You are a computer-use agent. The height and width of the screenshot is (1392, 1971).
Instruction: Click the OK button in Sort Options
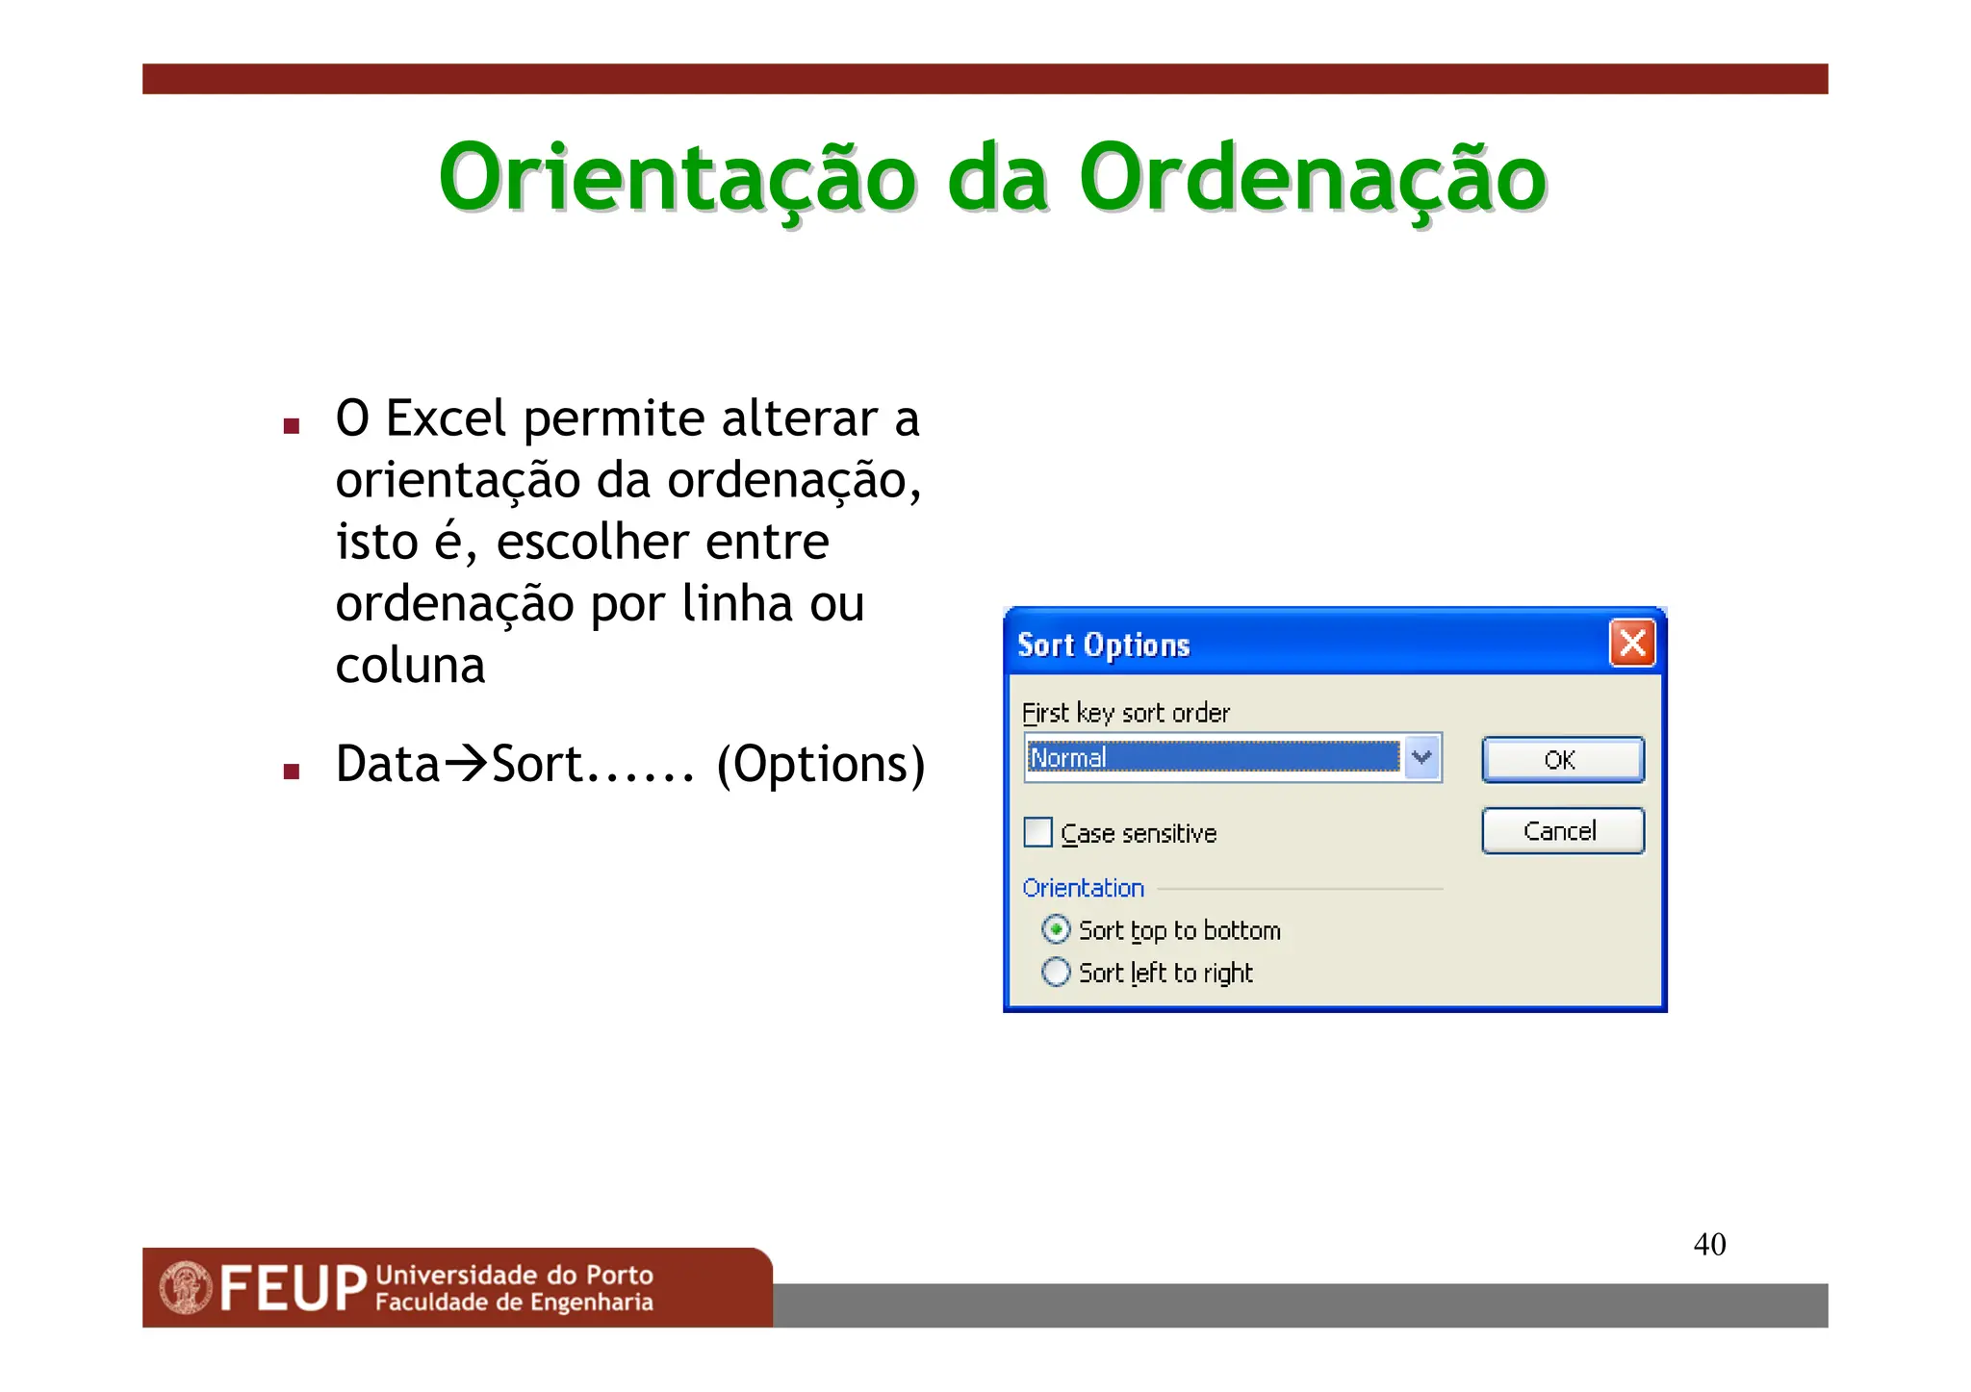[x=1562, y=760]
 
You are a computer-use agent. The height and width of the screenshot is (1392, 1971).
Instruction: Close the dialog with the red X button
[x=1632, y=644]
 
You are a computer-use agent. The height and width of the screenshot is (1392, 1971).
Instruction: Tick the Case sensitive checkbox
[x=1038, y=832]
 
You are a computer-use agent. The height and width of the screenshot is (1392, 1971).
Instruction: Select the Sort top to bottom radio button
[x=1056, y=929]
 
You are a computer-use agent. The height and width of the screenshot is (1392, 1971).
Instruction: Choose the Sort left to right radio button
[x=1056, y=973]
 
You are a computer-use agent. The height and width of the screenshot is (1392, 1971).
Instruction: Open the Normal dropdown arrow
[x=1421, y=758]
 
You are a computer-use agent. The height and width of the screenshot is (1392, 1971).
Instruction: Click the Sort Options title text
[x=1104, y=645]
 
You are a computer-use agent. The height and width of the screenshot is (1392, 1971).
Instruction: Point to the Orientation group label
[x=1083, y=888]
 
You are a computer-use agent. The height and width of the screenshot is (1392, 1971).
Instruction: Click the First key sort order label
[x=1125, y=713]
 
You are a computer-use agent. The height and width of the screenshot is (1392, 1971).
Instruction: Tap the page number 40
[x=1709, y=1244]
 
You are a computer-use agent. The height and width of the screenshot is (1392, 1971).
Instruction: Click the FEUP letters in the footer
[x=294, y=1289]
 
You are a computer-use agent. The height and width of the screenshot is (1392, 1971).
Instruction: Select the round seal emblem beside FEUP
[x=186, y=1288]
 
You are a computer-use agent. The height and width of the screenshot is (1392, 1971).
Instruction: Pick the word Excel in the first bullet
[x=446, y=418]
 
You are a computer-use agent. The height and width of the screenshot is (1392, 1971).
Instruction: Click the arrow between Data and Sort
[x=467, y=763]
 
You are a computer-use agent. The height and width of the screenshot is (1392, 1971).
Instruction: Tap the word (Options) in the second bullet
[x=821, y=765]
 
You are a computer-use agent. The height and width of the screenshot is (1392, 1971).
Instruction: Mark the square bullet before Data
[x=292, y=771]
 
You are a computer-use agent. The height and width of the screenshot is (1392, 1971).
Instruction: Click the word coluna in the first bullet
[x=410, y=666]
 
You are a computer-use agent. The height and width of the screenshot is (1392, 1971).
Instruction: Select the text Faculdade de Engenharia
[x=514, y=1303]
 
